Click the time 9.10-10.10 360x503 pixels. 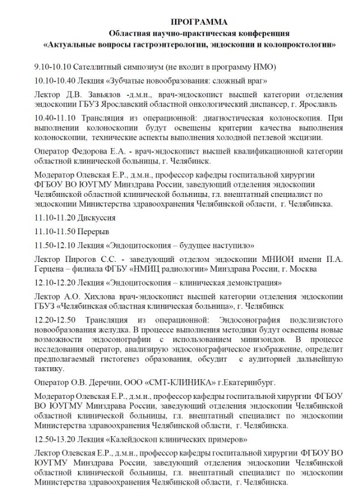(x=52, y=67)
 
